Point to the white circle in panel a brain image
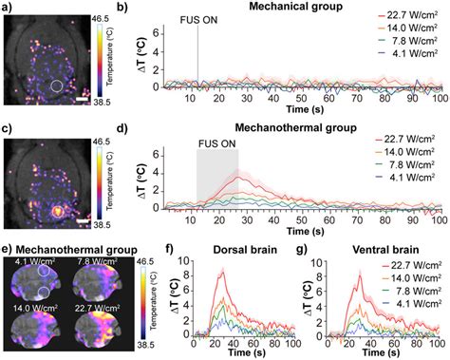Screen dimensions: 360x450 pyautogui.click(x=57, y=86)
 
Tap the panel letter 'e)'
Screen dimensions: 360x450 pyautogui.click(x=8, y=250)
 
